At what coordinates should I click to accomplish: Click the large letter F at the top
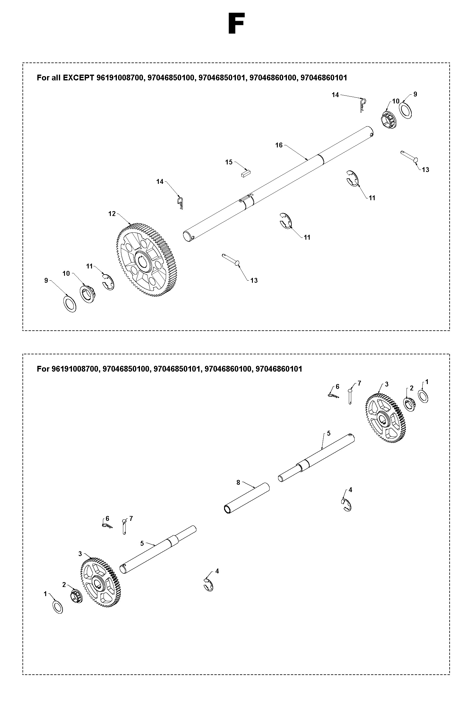tap(236, 24)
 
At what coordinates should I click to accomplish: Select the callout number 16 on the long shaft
tap(279, 145)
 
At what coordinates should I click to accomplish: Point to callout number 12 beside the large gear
tap(112, 214)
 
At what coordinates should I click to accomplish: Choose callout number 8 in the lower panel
tap(238, 482)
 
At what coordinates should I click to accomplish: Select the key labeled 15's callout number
tap(229, 162)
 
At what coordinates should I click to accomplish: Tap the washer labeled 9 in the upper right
tap(406, 110)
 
